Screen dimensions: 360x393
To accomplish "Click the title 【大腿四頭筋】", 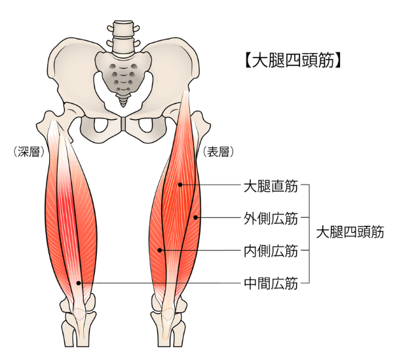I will pyautogui.click(x=290, y=61).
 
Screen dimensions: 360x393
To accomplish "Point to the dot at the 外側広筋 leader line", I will pyautogui.click(x=195, y=218).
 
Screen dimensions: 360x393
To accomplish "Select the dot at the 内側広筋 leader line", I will pyautogui.click(x=160, y=251).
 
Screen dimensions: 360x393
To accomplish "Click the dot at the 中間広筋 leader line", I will pyautogui.click(x=79, y=283).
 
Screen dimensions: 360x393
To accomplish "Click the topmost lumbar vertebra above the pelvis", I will pyautogui.click(x=123, y=28).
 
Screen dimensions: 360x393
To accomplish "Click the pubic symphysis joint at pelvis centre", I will pyautogui.click(x=123, y=124).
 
